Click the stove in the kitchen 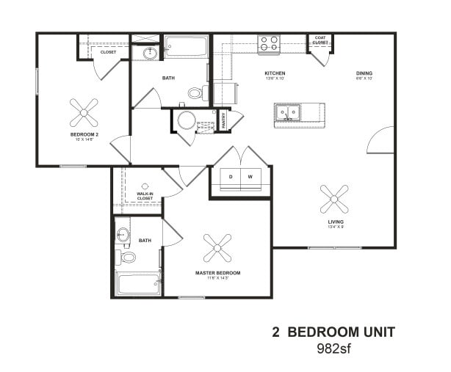coord(269,44)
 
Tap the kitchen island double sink coord(288,113)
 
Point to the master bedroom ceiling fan coord(218,248)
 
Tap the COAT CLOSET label coord(320,40)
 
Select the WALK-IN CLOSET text coord(145,196)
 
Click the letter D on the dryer coord(230,177)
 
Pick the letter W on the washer coord(250,177)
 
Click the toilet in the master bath coord(127,258)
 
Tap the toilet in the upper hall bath coord(195,93)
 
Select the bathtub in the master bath coord(138,283)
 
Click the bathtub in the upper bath coord(186,48)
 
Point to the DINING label coord(364,73)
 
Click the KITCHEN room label coord(275,73)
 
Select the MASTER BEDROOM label coord(217,273)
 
